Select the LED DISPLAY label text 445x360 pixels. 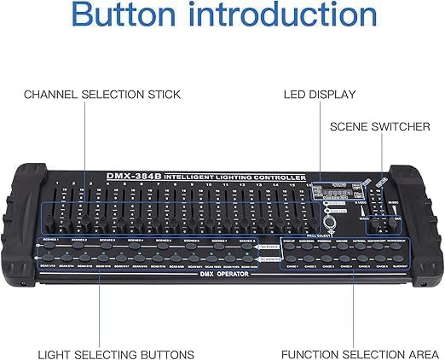pos(320,94)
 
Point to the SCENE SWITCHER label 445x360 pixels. pos(380,126)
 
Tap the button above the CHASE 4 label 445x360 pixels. pos(344,258)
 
